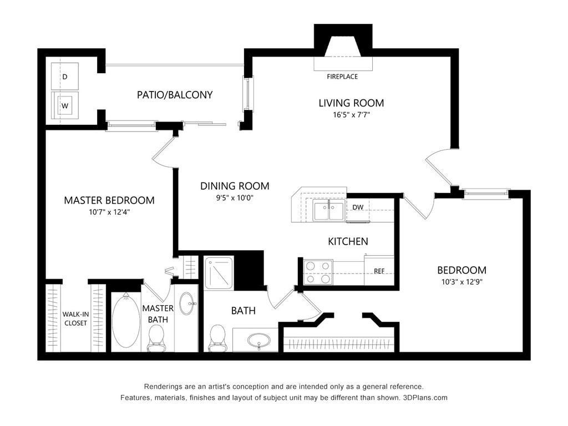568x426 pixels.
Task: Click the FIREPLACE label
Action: pyautogui.click(x=342, y=77)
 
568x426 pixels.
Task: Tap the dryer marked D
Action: pyautogui.click(x=65, y=77)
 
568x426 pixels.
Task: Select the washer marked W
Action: pyautogui.click(x=65, y=105)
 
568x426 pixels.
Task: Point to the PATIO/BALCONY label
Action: pyautogui.click(x=175, y=95)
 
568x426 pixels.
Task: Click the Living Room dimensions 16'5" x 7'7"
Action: pyautogui.click(x=351, y=115)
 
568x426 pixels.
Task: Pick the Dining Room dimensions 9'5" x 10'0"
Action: pyautogui.click(x=235, y=197)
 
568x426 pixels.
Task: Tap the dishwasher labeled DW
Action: pyautogui.click(x=358, y=207)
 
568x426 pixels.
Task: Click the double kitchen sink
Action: pyautogui.click(x=328, y=211)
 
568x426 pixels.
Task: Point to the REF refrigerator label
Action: pyautogui.click(x=379, y=271)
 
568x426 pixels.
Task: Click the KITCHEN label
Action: pyautogui.click(x=348, y=241)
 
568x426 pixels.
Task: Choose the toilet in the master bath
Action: pyautogui.click(x=156, y=337)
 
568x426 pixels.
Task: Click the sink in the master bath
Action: pyautogui.click(x=187, y=303)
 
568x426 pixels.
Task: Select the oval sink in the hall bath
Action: pyautogui.click(x=258, y=339)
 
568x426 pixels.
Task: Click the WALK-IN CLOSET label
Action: pyautogui.click(x=75, y=318)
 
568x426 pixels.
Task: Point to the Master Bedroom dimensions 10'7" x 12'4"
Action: pyautogui.click(x=109, y=211)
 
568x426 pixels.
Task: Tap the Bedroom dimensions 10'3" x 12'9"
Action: pyautogui.click(x=461, y=282)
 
